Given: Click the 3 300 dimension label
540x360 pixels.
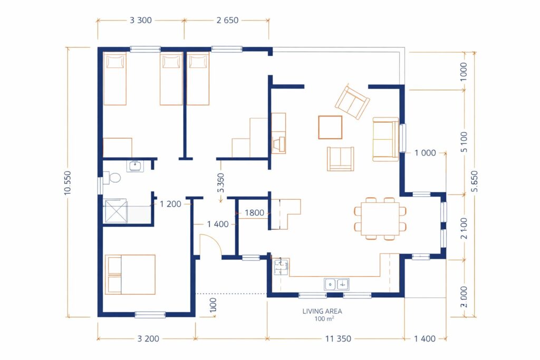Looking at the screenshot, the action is click(x=140, y=21).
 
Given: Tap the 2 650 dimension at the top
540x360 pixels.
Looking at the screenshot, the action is click(x=227, y=21).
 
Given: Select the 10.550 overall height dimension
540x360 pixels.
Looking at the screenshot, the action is click(x=67, y=183).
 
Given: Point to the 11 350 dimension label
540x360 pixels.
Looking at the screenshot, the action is click(x=338, y=339).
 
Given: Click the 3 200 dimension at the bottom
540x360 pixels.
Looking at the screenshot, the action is click(x=148, y=339).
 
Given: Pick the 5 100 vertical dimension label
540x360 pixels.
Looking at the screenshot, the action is click(x=464, y=142).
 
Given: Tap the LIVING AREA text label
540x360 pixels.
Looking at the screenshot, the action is click(x=322, y=311).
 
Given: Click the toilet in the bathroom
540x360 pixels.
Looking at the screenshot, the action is click(x=112, y=178).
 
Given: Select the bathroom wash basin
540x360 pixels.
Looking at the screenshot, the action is click(x=135, y=166).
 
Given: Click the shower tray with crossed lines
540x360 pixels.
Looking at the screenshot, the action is click(x=115, y=211).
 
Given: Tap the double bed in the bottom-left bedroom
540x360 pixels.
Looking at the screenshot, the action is click(x=130, y=275).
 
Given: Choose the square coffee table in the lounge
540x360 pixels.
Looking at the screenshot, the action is click(x=330, y=128).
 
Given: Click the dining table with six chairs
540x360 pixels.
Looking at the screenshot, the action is click(x=380, y=219).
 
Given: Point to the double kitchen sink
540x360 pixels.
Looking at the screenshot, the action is click(x=336, y=284).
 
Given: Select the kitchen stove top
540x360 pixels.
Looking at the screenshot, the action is click(x=281, y=266).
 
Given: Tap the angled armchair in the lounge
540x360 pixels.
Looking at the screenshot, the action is click(x=352, y=101).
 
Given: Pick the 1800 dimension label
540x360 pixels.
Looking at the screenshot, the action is click(x=254, y=213).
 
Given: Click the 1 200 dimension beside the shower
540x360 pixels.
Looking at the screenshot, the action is click(x=170, y=204).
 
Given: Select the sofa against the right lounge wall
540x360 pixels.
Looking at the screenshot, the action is click(x=385, y=139).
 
